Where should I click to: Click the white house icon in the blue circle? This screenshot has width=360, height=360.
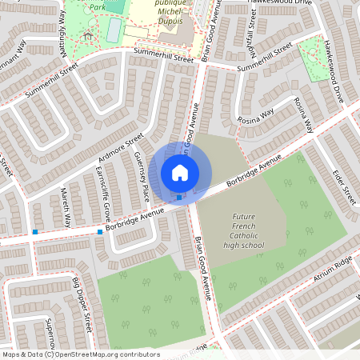(180, 172)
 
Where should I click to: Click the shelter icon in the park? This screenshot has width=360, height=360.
(87, 35)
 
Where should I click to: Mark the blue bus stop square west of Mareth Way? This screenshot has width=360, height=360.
(35, 232)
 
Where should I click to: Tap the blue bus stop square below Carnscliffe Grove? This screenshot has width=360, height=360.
(100, 232)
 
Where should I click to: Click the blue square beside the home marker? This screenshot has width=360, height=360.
(178, 197)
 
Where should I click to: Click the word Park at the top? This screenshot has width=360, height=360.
(98, 6)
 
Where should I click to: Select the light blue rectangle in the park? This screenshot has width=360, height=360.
(114, 30)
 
